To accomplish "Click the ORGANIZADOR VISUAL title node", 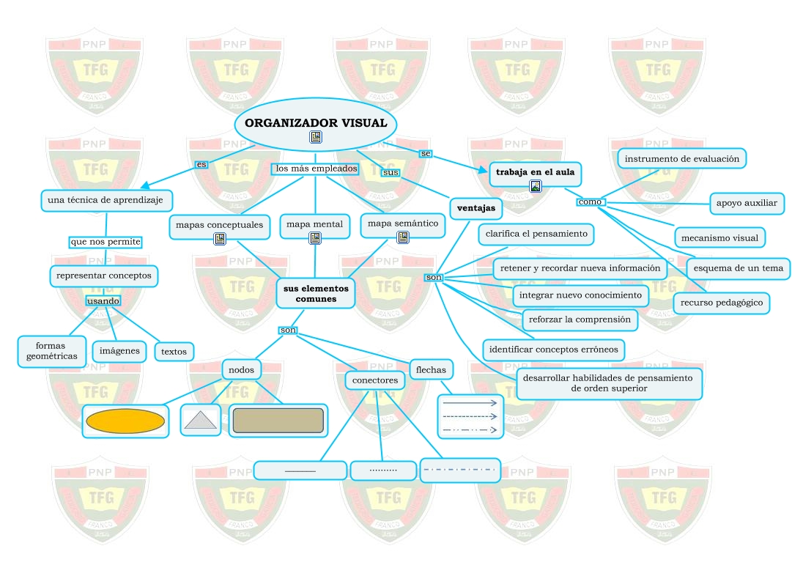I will pos(315,123).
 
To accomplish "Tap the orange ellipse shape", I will pos(125,421).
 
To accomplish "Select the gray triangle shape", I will pos(200,420).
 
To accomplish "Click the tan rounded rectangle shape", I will pos(278,421).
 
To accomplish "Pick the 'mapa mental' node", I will pos(314,224).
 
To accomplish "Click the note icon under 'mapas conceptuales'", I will pos(220,239).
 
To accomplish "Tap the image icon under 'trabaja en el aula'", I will pos(536,186).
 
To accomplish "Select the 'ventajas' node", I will pos(475,208).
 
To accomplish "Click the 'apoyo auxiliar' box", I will pos(747,203).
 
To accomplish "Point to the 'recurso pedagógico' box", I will pos(721,302).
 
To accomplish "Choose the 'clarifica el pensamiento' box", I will pos(536,234).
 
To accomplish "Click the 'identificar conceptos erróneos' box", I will pos(553,350).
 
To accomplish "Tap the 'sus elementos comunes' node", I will pos(316,293).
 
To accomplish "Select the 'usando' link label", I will pos(103,301).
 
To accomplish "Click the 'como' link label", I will pos(590,202).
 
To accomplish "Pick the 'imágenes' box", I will pos(119,351).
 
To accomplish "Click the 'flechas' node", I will pos(431,369).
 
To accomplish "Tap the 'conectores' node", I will pos(374,380).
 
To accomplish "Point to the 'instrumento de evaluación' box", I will pos(681,158).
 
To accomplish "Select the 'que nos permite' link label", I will pos(105,241).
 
